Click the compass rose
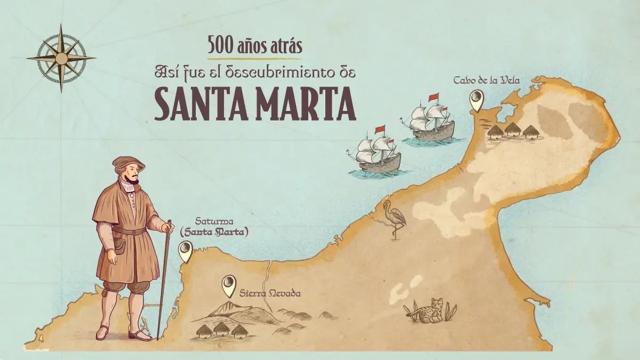coord(61,58)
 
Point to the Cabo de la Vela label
coord(486,80)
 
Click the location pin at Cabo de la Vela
coord(476,100)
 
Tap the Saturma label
coord(212,221)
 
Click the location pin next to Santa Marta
coord(185,251)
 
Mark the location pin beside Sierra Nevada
coord(229,285)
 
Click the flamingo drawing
coord(395,219)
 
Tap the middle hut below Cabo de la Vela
coord(512,130)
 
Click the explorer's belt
coord(129,231)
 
